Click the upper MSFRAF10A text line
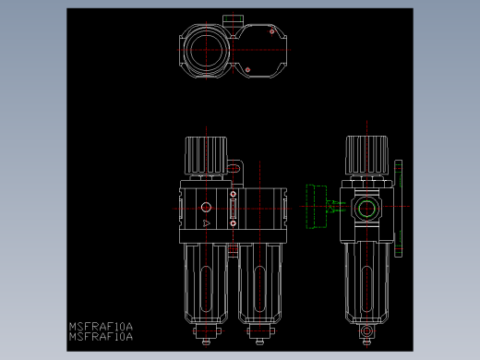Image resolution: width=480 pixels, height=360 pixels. (x=101, y=326)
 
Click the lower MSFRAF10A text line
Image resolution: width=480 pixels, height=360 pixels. (x=101, y=337)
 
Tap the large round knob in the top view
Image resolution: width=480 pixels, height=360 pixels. (x=206, y=50)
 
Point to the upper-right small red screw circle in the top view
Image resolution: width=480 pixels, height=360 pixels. (x=271, y=31)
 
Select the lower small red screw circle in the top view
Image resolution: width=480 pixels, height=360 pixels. (x=247, y=70)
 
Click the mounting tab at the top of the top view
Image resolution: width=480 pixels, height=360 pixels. (x=233, y=20)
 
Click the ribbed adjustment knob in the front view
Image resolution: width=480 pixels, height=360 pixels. (x=206, y=155)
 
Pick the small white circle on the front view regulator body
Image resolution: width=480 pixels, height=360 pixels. (x=206, y=208)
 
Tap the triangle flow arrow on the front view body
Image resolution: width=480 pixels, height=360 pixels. (x=207, y=223)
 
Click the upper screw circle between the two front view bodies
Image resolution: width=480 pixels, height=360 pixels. (x=233, y=194)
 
